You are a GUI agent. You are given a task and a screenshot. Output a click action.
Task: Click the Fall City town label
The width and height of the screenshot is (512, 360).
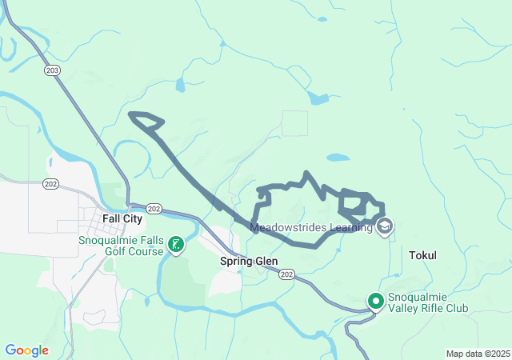(122, 218)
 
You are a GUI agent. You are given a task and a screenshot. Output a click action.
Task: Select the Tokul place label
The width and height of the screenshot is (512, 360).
(422, 255)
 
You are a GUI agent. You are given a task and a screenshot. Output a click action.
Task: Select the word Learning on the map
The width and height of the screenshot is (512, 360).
(350, 227)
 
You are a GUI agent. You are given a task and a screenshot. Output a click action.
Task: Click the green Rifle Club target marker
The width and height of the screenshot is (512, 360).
(376, 302)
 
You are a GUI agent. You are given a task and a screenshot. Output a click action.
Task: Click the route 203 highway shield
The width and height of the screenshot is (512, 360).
(53, 70)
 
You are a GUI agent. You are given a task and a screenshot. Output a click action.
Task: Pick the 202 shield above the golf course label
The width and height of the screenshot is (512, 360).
(154, 209)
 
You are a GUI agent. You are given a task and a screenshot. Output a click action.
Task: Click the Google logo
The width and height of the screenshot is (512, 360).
(26, 350)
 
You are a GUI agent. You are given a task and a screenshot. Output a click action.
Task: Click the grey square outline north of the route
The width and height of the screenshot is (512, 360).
(294, 123)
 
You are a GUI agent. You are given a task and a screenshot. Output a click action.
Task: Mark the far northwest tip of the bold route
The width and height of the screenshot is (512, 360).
(130, 114)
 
